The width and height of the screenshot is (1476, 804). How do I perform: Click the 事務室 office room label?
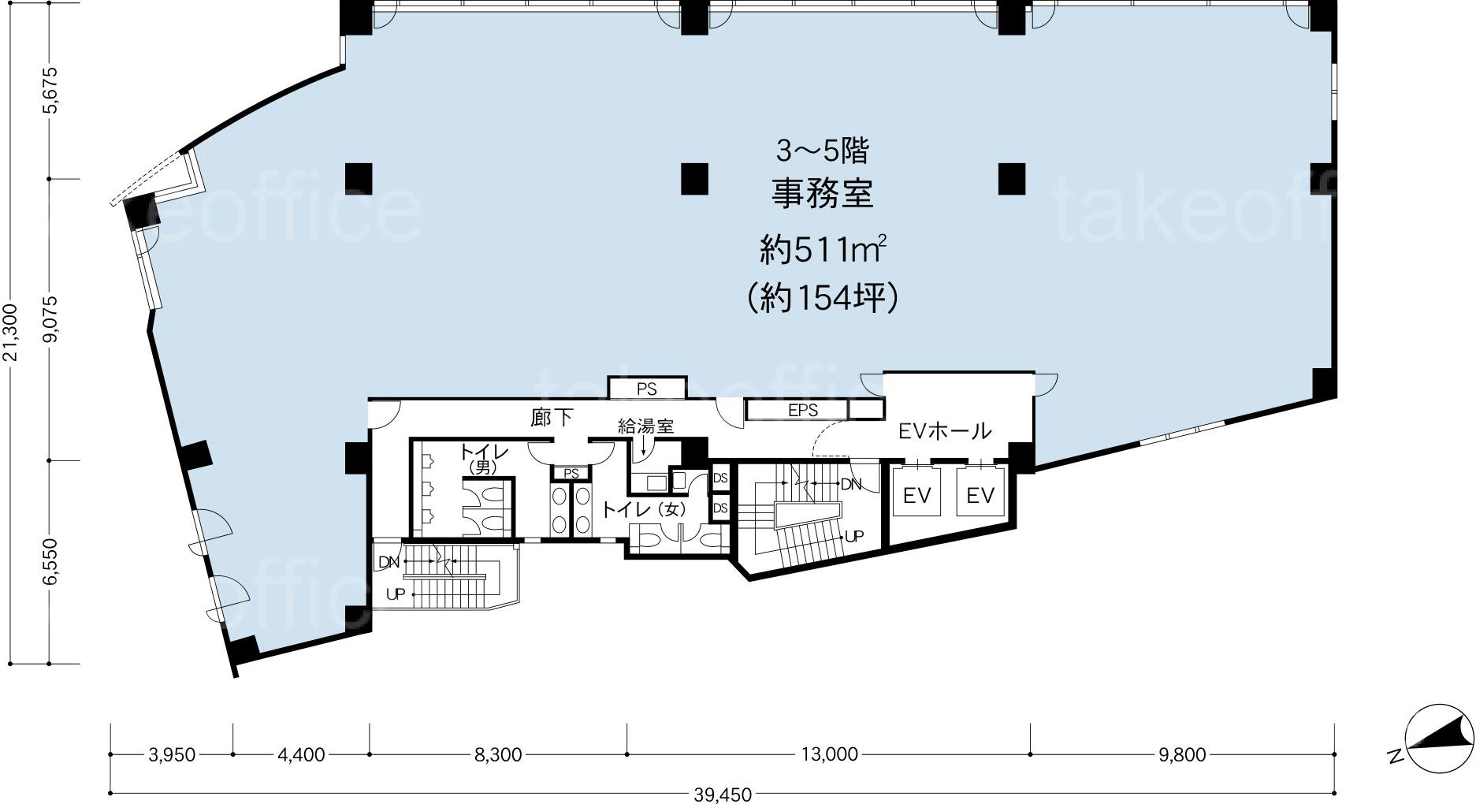coord(822,194)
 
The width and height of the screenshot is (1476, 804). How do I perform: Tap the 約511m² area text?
coord(824,251)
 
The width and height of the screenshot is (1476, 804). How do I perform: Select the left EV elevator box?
coord(917,496)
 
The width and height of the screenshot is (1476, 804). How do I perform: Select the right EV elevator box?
coord(980,496)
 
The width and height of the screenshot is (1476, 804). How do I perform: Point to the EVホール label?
coord(945,431)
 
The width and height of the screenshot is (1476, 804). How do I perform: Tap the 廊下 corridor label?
coord(552,418)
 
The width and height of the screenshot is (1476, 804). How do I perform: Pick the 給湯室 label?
coord(645,426)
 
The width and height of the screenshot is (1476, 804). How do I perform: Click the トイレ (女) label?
coord(644,510)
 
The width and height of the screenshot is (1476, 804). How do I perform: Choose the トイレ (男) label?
coord(484,458)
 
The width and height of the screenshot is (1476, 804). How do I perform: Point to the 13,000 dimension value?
coord(829,754)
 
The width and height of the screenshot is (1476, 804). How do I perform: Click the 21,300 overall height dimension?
coord(10,333)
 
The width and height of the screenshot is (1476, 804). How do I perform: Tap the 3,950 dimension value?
coord(171,754)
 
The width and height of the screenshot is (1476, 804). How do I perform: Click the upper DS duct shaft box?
coord(720,478)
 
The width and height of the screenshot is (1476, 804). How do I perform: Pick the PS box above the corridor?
coord(647,389)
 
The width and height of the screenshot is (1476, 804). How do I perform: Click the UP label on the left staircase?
coord(395,594)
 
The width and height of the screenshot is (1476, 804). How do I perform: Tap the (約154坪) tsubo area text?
coord(823,298)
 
